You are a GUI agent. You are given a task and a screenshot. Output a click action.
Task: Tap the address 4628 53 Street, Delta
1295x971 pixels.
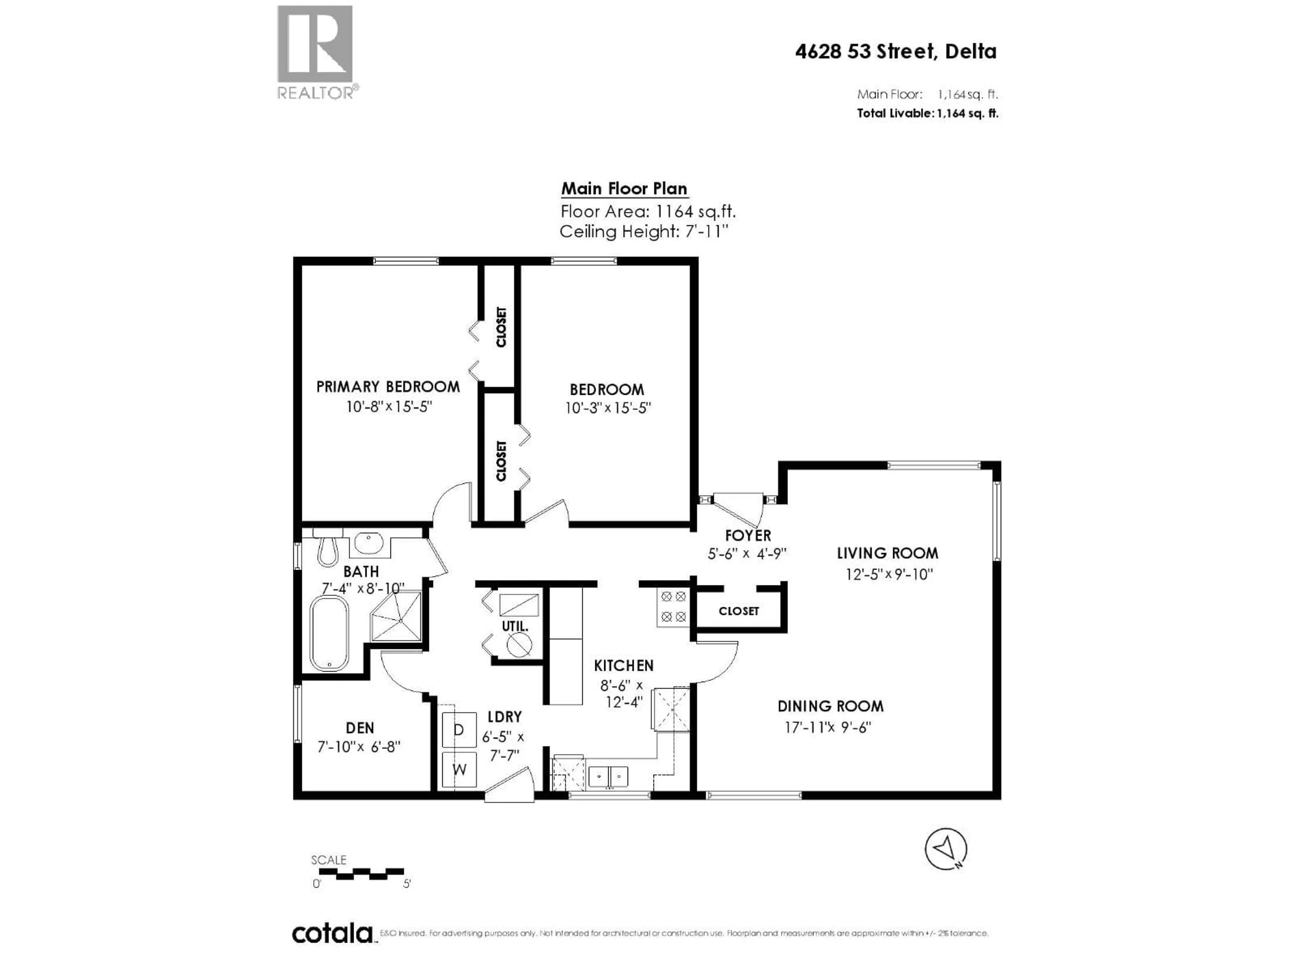895,52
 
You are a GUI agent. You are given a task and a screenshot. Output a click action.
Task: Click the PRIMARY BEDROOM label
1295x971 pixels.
387,386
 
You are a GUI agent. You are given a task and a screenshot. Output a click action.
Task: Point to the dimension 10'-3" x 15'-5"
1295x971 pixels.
608,408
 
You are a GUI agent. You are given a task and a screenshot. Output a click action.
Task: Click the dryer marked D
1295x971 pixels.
459,730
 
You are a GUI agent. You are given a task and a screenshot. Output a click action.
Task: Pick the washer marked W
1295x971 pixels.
459,769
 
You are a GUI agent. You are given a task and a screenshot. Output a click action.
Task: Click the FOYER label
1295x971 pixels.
748,535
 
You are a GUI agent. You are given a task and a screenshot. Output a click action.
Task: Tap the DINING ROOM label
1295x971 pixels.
830,706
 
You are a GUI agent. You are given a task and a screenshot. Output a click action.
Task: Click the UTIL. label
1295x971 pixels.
515,626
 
